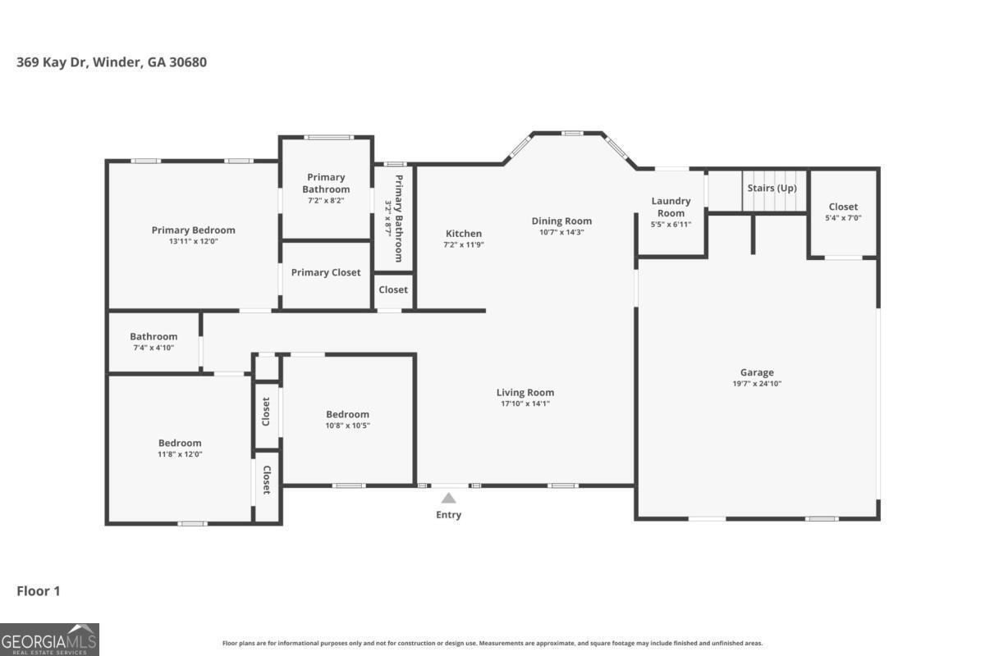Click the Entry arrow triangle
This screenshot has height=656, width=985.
coord(448,498)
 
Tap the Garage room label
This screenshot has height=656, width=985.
coord(756,372)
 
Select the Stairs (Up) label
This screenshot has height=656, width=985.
coord(772,188)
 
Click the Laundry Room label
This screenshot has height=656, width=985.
coord(671,207)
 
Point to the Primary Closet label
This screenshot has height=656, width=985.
coord(326,272)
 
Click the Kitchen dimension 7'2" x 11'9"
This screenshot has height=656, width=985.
coord(464,244)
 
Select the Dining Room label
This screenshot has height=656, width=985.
coord(561,221)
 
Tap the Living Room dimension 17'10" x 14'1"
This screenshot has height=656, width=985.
coord(525,403)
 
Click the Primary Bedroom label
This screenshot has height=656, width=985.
coord(193,230)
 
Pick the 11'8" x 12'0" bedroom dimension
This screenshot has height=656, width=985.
coord(180,454)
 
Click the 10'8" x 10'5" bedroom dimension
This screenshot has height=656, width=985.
coord(347,426)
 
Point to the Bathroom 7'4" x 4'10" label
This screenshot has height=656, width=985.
coord(153,337)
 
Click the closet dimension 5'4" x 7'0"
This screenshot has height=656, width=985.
coord(843,218)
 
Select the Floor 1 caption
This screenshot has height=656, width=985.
coord(39,590)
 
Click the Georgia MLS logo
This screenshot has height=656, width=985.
coord(49,639)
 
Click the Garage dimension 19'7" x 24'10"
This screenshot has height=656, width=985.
coord(756,384)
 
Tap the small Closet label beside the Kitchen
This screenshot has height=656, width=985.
coord(393,289)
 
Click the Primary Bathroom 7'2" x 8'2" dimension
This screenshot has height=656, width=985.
coord(326,201)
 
